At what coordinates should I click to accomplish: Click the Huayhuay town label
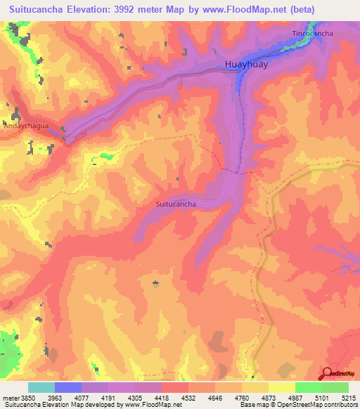click(246, 64)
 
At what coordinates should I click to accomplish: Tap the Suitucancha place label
click(175, 204)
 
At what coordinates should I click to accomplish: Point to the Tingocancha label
click(312, 33)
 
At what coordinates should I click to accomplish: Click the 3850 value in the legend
click(27, 397)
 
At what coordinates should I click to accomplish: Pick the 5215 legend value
click(349, 397)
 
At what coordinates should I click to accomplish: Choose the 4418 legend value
click(162, 397)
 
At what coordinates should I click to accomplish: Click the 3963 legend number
click(54, 397)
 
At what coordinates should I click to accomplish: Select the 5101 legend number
click(322, 397)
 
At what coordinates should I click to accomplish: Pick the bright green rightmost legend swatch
click(335, 387)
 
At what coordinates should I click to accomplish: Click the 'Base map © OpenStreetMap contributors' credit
click(297, 405)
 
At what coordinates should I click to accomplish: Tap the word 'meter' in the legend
click(10, 397)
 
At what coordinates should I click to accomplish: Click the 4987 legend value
click(295, 397)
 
